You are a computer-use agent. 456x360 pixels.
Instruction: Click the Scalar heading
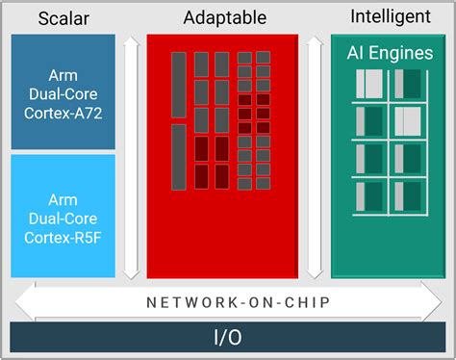click(63, 18)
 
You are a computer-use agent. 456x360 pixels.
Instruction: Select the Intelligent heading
click(390, 16)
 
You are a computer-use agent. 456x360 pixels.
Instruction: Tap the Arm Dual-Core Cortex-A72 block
click(63, 92)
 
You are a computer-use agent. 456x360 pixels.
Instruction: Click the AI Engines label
click(390, 53)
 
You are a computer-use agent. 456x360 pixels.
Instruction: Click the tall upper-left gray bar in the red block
click(179, 84)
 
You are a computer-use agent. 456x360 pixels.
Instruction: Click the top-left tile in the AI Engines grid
click(369, 83)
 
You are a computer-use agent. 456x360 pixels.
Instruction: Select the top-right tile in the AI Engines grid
click(408, 83)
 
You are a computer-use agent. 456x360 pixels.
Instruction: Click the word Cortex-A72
click(63, 113)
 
